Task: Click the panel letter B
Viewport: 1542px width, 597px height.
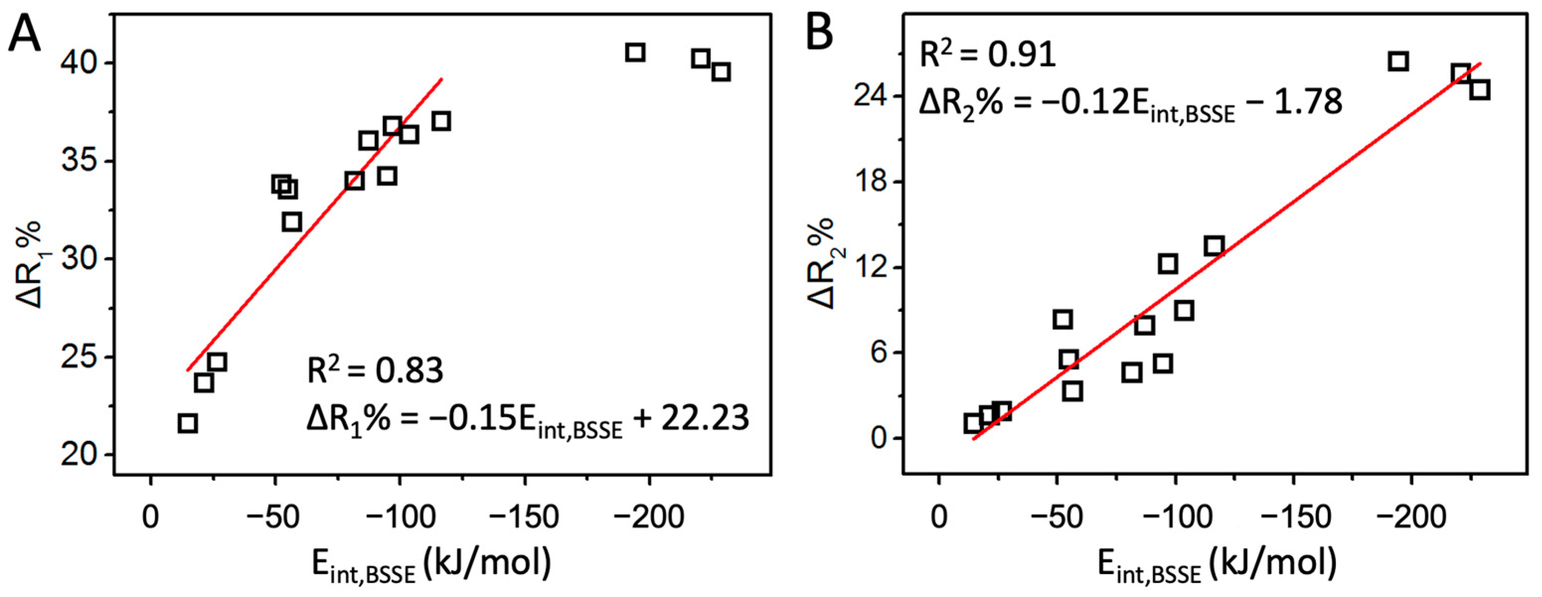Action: [x=819, y=31]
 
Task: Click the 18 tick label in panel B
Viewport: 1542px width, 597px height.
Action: [x=871, y=182]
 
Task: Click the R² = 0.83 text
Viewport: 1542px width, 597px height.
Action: [x=375, y=371]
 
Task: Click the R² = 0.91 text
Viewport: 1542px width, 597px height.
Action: [x=987, y=56]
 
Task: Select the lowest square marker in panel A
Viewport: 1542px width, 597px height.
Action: [x=187, y=424]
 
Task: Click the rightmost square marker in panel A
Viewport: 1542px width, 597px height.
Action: [x=721, y=72]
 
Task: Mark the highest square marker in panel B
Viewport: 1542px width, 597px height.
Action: [x=1398, y=61]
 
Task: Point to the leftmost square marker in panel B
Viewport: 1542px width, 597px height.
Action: [x=973, y=424]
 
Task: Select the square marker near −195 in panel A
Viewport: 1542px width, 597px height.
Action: [x=635, y=53]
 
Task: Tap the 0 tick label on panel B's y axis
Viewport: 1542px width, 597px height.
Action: [x=879, y=439]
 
